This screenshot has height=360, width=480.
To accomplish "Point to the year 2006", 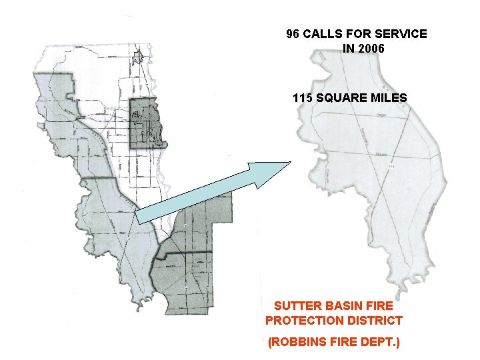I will tap(371, 49).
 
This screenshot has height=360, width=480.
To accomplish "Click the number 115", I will tap(302, 98).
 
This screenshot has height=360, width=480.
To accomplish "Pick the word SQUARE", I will tap(343, 98).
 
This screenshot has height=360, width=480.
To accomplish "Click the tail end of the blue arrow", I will tap(139, 217).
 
